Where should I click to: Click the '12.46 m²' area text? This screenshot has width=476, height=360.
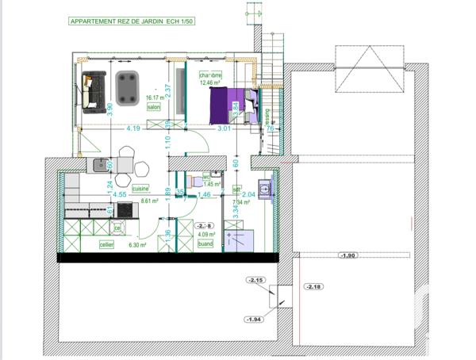tap(210, 82)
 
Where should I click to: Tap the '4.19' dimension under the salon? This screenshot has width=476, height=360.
tap(132, 128)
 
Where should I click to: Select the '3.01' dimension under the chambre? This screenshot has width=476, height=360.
tap(224, 128)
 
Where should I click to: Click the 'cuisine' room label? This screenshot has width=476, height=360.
tap(141, 188)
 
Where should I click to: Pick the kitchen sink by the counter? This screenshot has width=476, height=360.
tap(101, 166)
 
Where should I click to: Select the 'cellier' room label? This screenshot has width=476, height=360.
tap(107, 245)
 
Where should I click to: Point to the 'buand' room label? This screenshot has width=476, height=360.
tap(205, 243)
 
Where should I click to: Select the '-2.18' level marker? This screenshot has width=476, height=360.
tap(315, 285)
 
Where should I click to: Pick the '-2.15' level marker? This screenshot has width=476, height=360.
tap(255, 281)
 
